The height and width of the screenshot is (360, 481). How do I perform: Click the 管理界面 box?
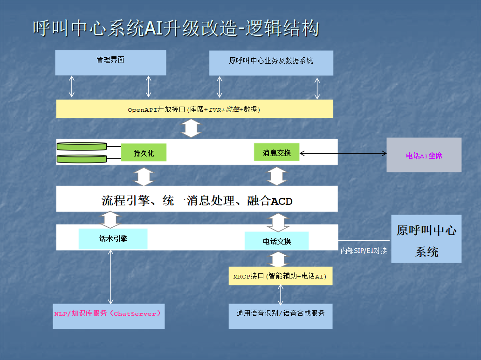pyautogui.click(x=110, y=62)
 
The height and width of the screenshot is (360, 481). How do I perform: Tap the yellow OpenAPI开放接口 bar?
pyautogui.click(x=194, y=109)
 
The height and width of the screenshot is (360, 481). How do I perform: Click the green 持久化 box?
pyautogui.click(x=144, y=152)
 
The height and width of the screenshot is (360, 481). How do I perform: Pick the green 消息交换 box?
pyautogui.click(x=277, y=152)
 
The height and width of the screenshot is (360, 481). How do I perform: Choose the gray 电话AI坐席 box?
pyautogui.click(x=424, y=155)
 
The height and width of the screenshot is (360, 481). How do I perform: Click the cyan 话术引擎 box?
pyautogui.click(x=113, y=238)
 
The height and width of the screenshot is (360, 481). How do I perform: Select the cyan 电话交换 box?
pyautogui.click(x=277, y=241)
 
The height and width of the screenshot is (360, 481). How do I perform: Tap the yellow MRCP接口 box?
pyautogui.click(x=280, y=276)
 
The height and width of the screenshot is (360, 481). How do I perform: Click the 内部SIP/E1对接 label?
pyautogui.click(x=364, y=251)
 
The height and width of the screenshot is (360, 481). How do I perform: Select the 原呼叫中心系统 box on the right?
pyautogui.click(x=426, y=239)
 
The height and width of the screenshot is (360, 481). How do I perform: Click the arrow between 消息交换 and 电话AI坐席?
pyautogui.click(x=343, y=153)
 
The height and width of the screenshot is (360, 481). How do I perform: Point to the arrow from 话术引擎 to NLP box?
pyautogui.click(x=111, y=277)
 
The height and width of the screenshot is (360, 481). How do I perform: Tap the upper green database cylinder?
pyautogui.click(x=82, y=146)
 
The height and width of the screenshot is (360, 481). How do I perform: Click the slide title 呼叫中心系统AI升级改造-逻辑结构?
pyautogui.click(x=176, y=28)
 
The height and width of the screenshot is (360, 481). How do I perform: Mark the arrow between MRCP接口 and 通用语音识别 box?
pyautogui.click(x=281, y=294)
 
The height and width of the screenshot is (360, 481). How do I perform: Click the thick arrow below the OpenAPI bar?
pyautogui.click(x=191, y=129)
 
